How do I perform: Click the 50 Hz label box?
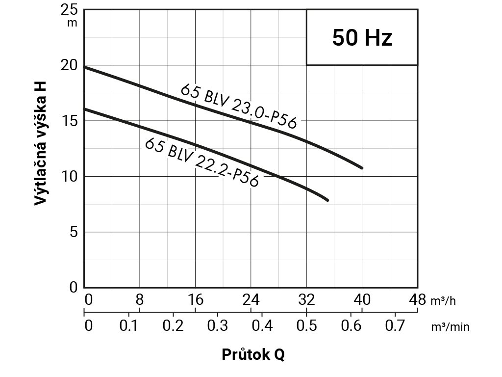click(x=362, y=37)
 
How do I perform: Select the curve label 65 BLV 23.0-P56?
click(x=239, y=106)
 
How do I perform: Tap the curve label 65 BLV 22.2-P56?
click(x=201, y=162)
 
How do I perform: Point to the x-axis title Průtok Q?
click(x=253, y=354)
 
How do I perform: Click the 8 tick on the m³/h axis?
click(x=140, y=299)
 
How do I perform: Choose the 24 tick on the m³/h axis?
click(x=251, y=299)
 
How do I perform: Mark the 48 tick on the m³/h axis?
click(x=418, y=299)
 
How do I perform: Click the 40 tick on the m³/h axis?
click(x=362, y=299)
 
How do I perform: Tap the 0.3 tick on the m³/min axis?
click(x=217, y=325)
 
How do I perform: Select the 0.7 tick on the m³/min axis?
click(x=395, y=325)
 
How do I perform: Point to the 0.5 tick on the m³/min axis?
click(x=306, y=325)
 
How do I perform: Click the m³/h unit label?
click(x=443, y=301)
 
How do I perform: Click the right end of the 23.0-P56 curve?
click(x=362, y=168)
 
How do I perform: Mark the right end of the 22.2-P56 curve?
click(x=327, y=200)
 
